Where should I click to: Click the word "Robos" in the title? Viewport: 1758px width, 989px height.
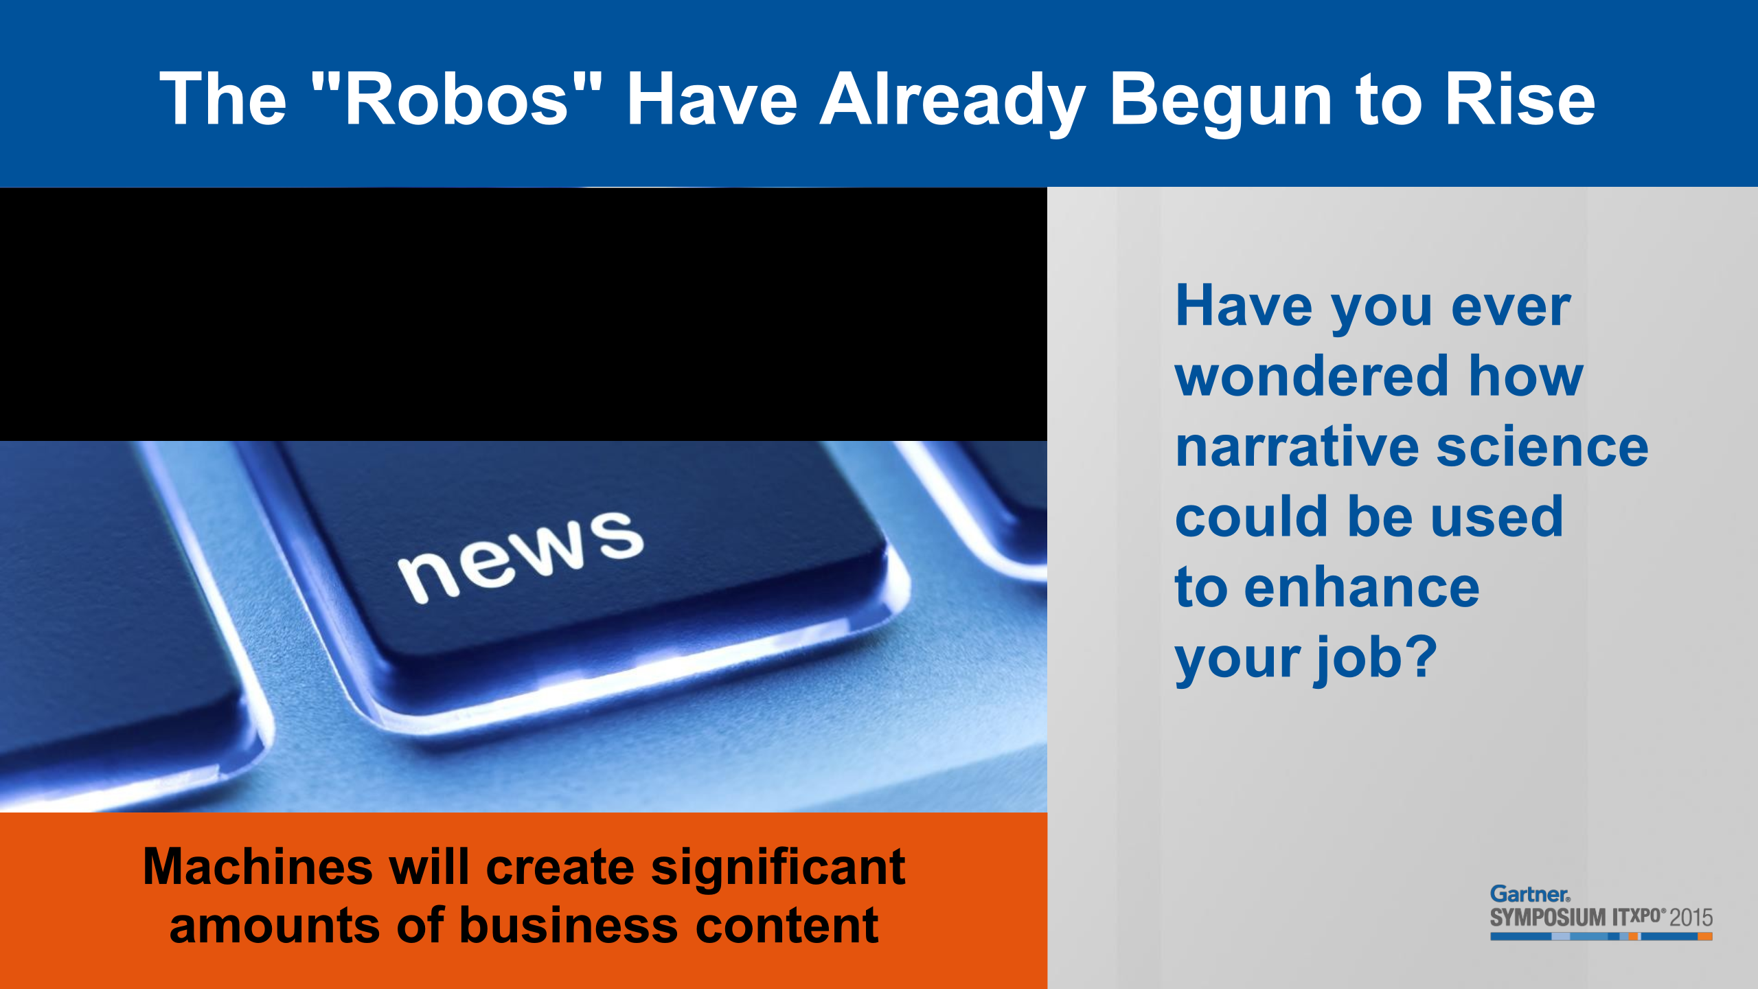(x=457, y=100)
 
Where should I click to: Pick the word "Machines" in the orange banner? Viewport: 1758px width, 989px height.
(x=258, y=867)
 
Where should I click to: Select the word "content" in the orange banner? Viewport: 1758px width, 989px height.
(x=787, y=927)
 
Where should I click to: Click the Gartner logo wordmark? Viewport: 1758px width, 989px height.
(x=1530, y=894)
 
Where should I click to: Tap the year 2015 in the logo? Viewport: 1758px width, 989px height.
(x=1691, y=918)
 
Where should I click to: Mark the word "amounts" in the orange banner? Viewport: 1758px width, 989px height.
(x=274, y=927)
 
